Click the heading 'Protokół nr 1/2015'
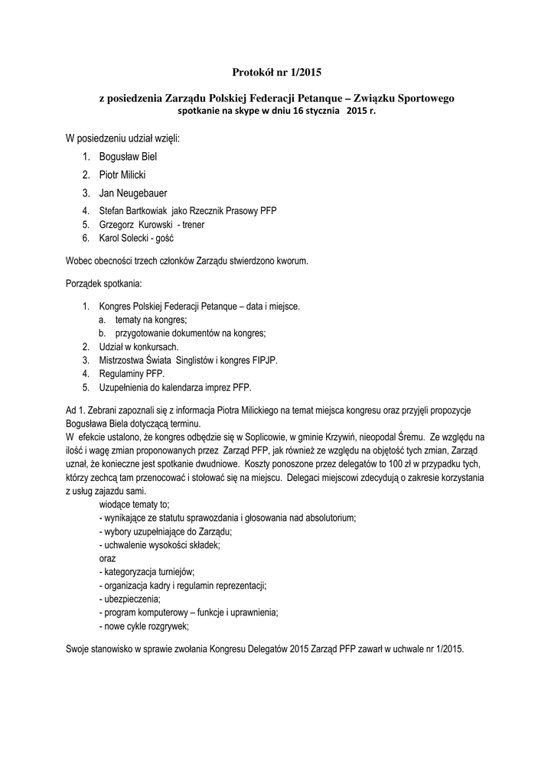(277, 73)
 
